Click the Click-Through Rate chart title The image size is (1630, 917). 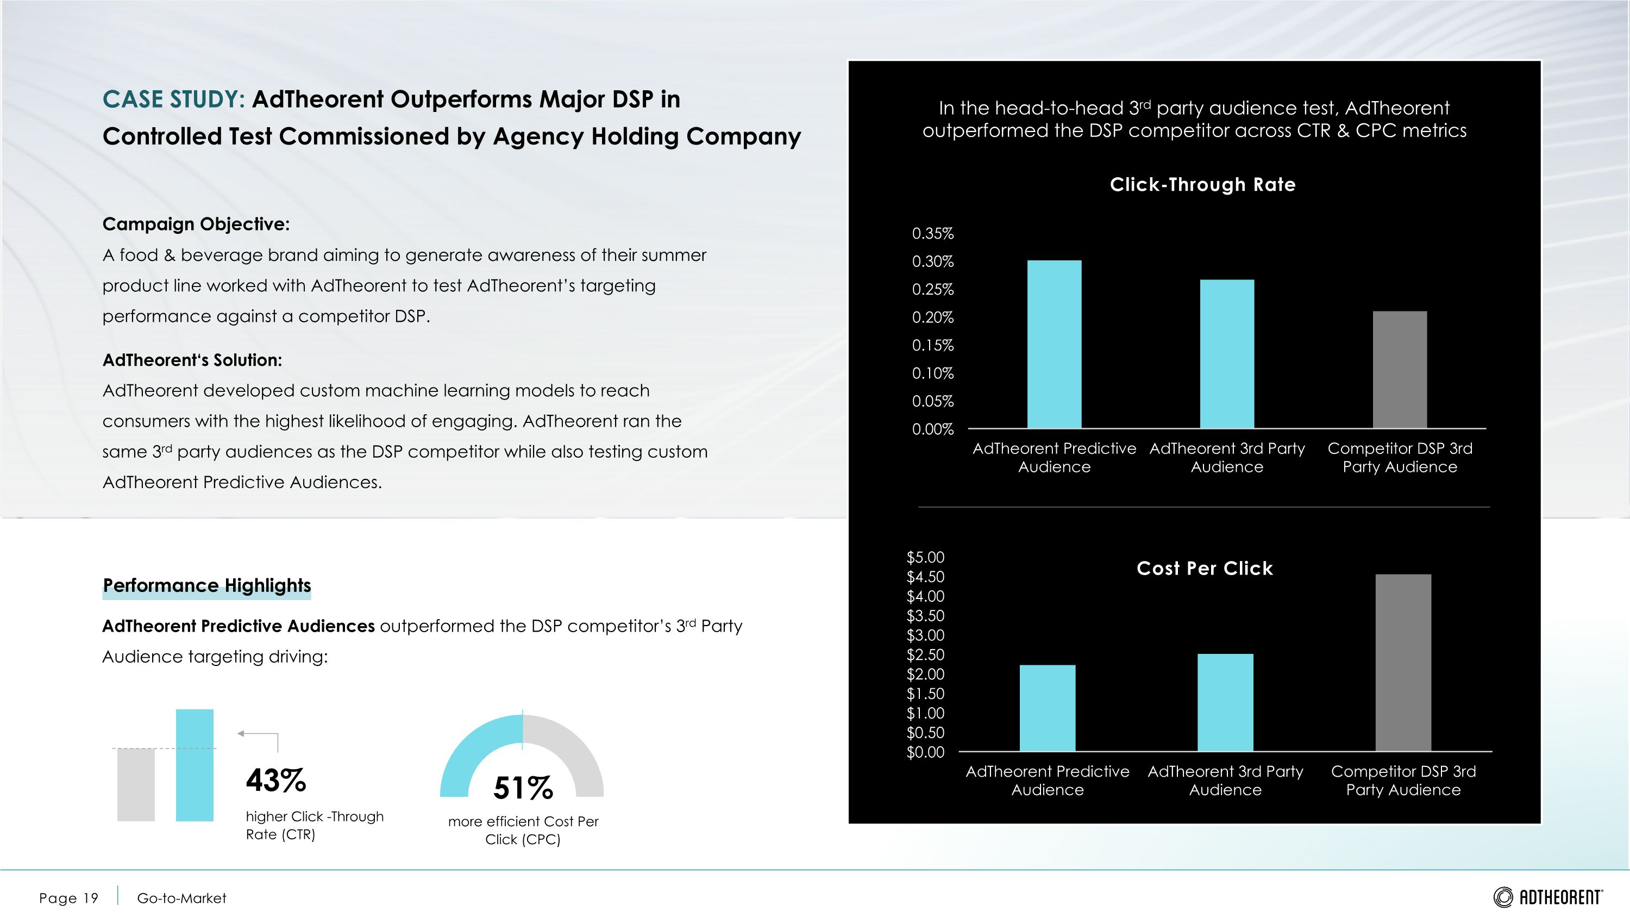1202,185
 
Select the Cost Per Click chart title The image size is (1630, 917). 1204,568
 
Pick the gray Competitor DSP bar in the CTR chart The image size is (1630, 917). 1400,370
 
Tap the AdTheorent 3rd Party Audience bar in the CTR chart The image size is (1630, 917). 1227,354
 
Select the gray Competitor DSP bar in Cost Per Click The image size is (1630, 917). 1403,663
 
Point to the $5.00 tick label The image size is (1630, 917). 925,558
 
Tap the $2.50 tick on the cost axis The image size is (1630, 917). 925,655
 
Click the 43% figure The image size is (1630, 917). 276,781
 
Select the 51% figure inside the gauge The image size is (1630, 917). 523,788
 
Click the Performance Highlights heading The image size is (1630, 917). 207,585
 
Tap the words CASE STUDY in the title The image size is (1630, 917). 173,99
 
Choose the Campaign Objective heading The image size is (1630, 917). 196,224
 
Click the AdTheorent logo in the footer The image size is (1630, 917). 1548,897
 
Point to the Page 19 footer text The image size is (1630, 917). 68,898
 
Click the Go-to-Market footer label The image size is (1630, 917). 181,898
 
